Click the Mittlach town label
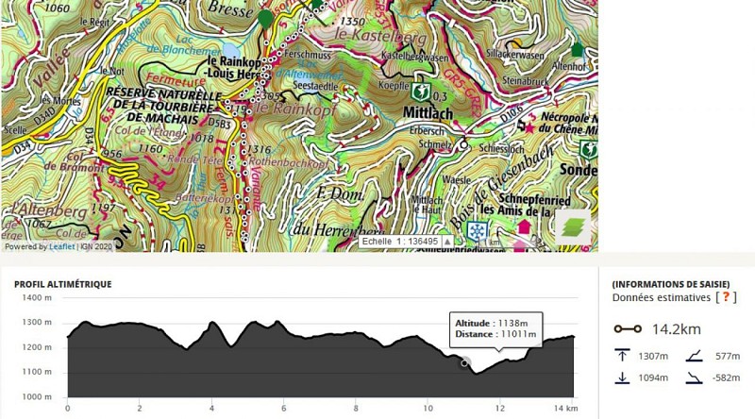click(423, 111)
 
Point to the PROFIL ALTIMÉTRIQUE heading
click(62, 284)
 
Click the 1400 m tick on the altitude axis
click(39, 297)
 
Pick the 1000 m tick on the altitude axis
click(39, 397)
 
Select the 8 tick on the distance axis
click(356, 409)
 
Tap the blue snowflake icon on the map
click(478, 232)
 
